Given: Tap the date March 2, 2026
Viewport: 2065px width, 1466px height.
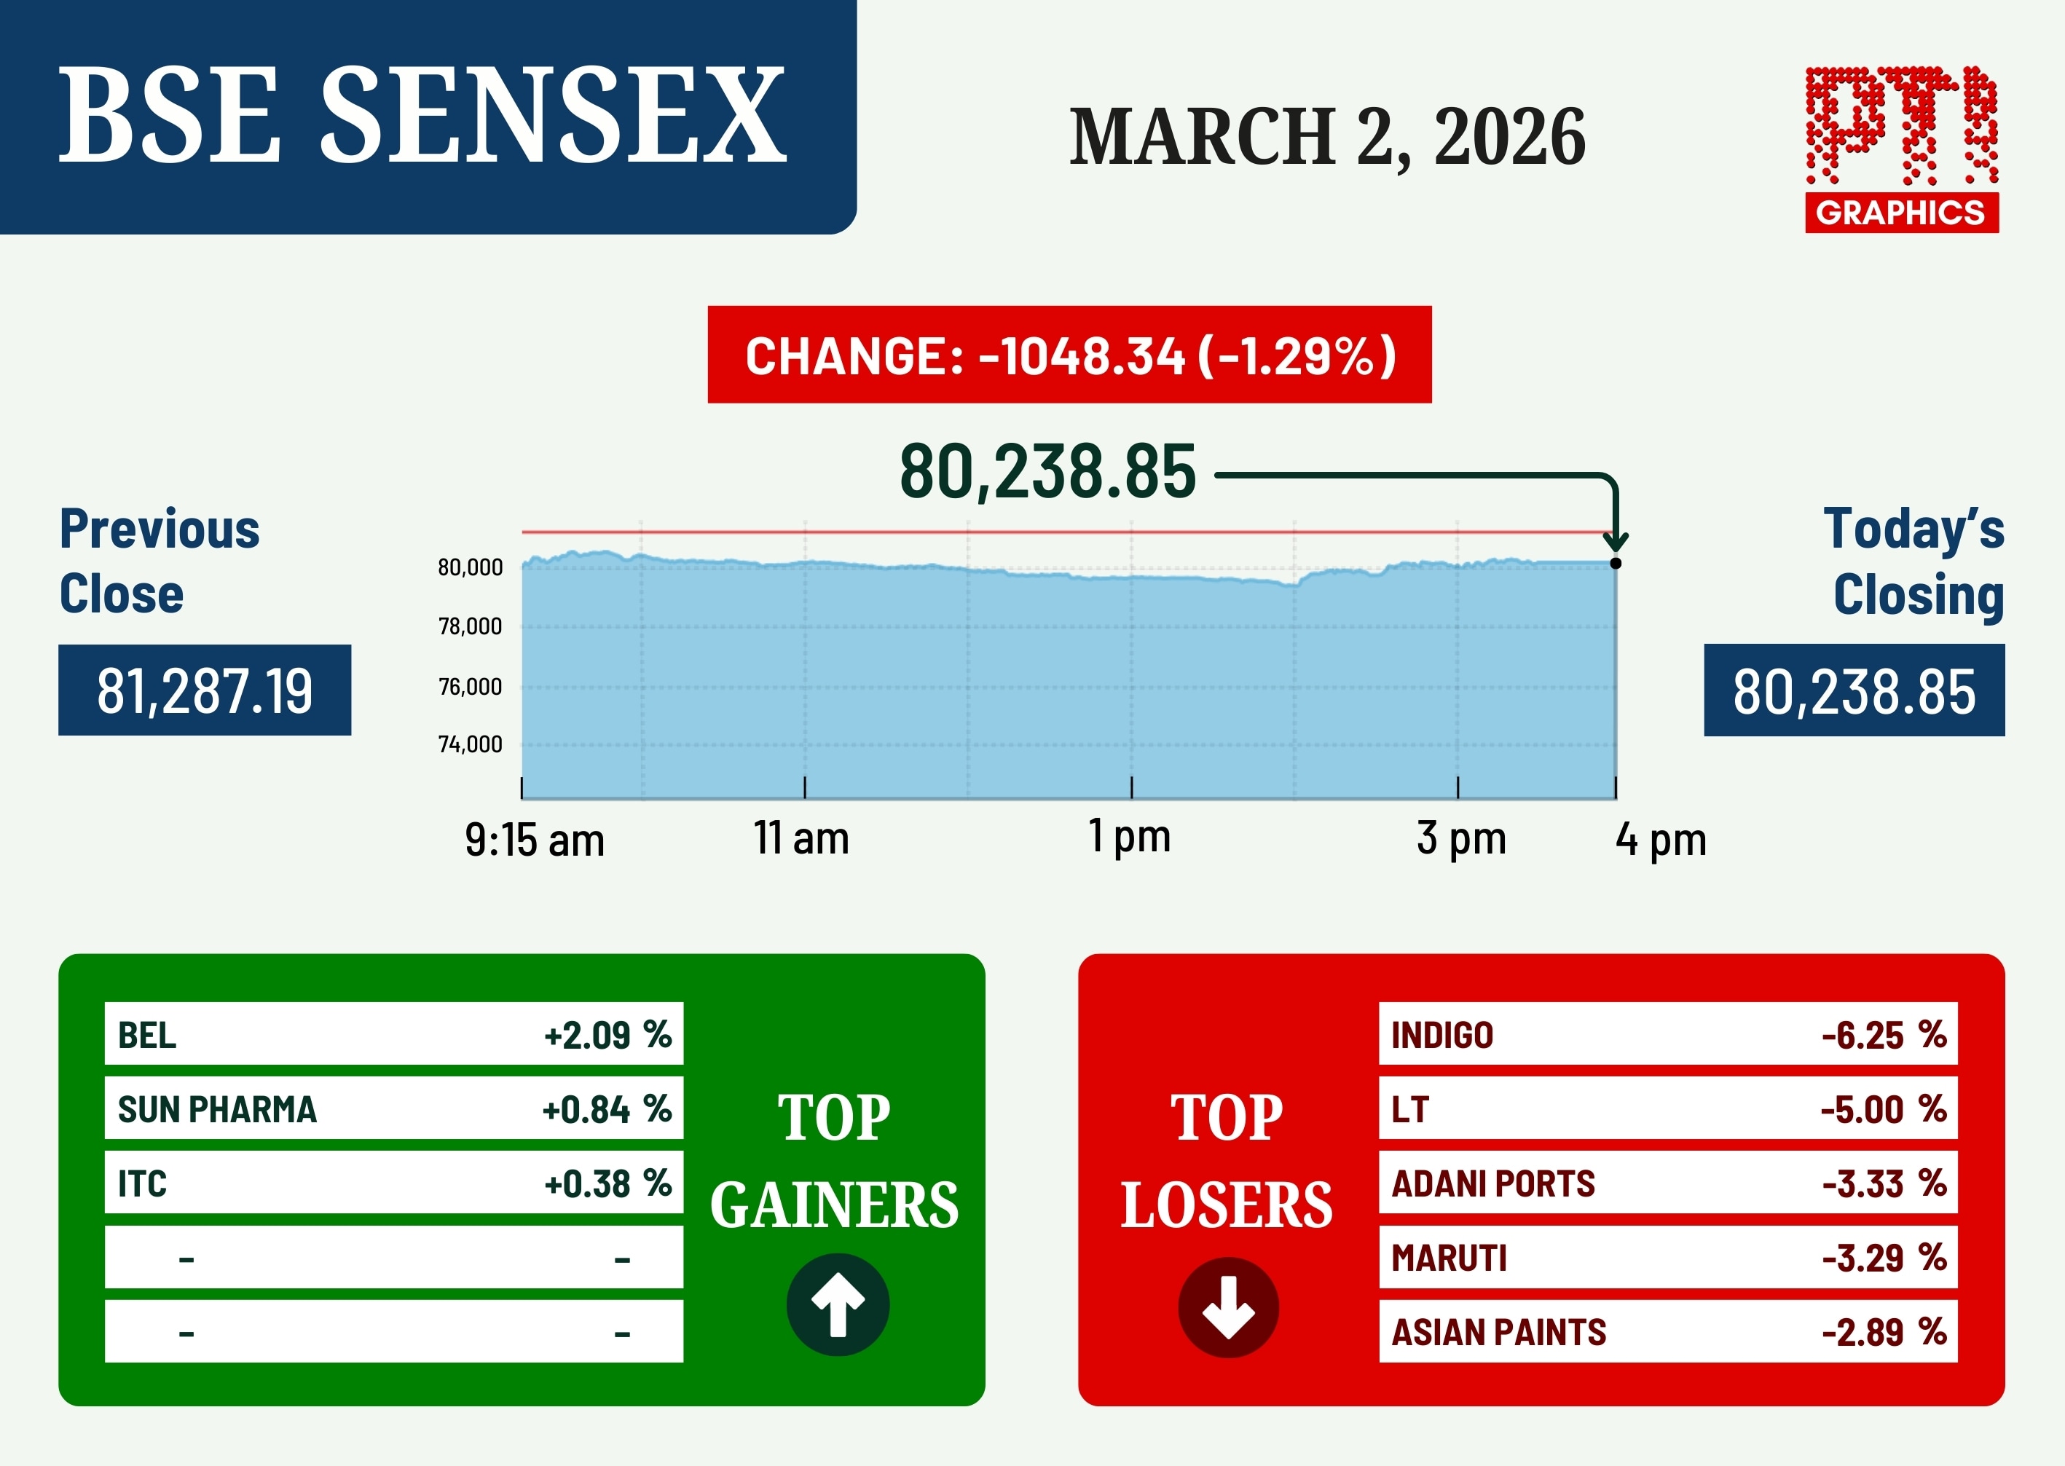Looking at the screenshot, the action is point(1327,137).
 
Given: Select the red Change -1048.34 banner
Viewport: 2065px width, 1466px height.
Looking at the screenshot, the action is point(1069,355).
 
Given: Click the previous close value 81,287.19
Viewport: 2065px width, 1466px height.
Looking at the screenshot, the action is point(205,690).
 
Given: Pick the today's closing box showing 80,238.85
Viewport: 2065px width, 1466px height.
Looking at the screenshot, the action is point(1854,690).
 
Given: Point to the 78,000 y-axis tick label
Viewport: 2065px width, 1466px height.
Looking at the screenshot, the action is point(470,626).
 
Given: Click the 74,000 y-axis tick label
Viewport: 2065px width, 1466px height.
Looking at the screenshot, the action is point(470,745).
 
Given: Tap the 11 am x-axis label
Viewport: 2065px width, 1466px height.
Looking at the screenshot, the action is point(802,838).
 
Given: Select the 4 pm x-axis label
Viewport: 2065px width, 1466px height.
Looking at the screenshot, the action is point(1661,840).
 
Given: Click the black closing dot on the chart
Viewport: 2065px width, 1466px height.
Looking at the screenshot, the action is point(1616,563).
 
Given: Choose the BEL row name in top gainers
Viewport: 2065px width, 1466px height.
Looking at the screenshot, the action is point(147,1036).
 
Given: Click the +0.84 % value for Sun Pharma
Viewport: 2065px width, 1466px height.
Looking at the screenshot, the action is point(607,1109).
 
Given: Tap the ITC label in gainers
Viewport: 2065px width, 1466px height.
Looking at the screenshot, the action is point(143,1183).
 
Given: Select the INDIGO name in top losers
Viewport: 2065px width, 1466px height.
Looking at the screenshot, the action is point(1442,1036).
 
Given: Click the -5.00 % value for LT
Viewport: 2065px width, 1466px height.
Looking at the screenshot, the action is point(1884,1109).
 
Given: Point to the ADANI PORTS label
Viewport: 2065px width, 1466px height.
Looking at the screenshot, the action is point(1493,1183).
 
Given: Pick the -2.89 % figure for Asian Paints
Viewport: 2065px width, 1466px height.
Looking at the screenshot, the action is point(1884,1333).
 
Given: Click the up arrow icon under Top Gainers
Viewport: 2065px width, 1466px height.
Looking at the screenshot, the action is point(838,1304).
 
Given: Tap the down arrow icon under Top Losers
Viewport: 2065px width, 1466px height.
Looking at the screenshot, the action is point(1228,1307).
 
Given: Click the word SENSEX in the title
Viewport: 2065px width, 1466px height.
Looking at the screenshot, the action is point(554,116).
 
